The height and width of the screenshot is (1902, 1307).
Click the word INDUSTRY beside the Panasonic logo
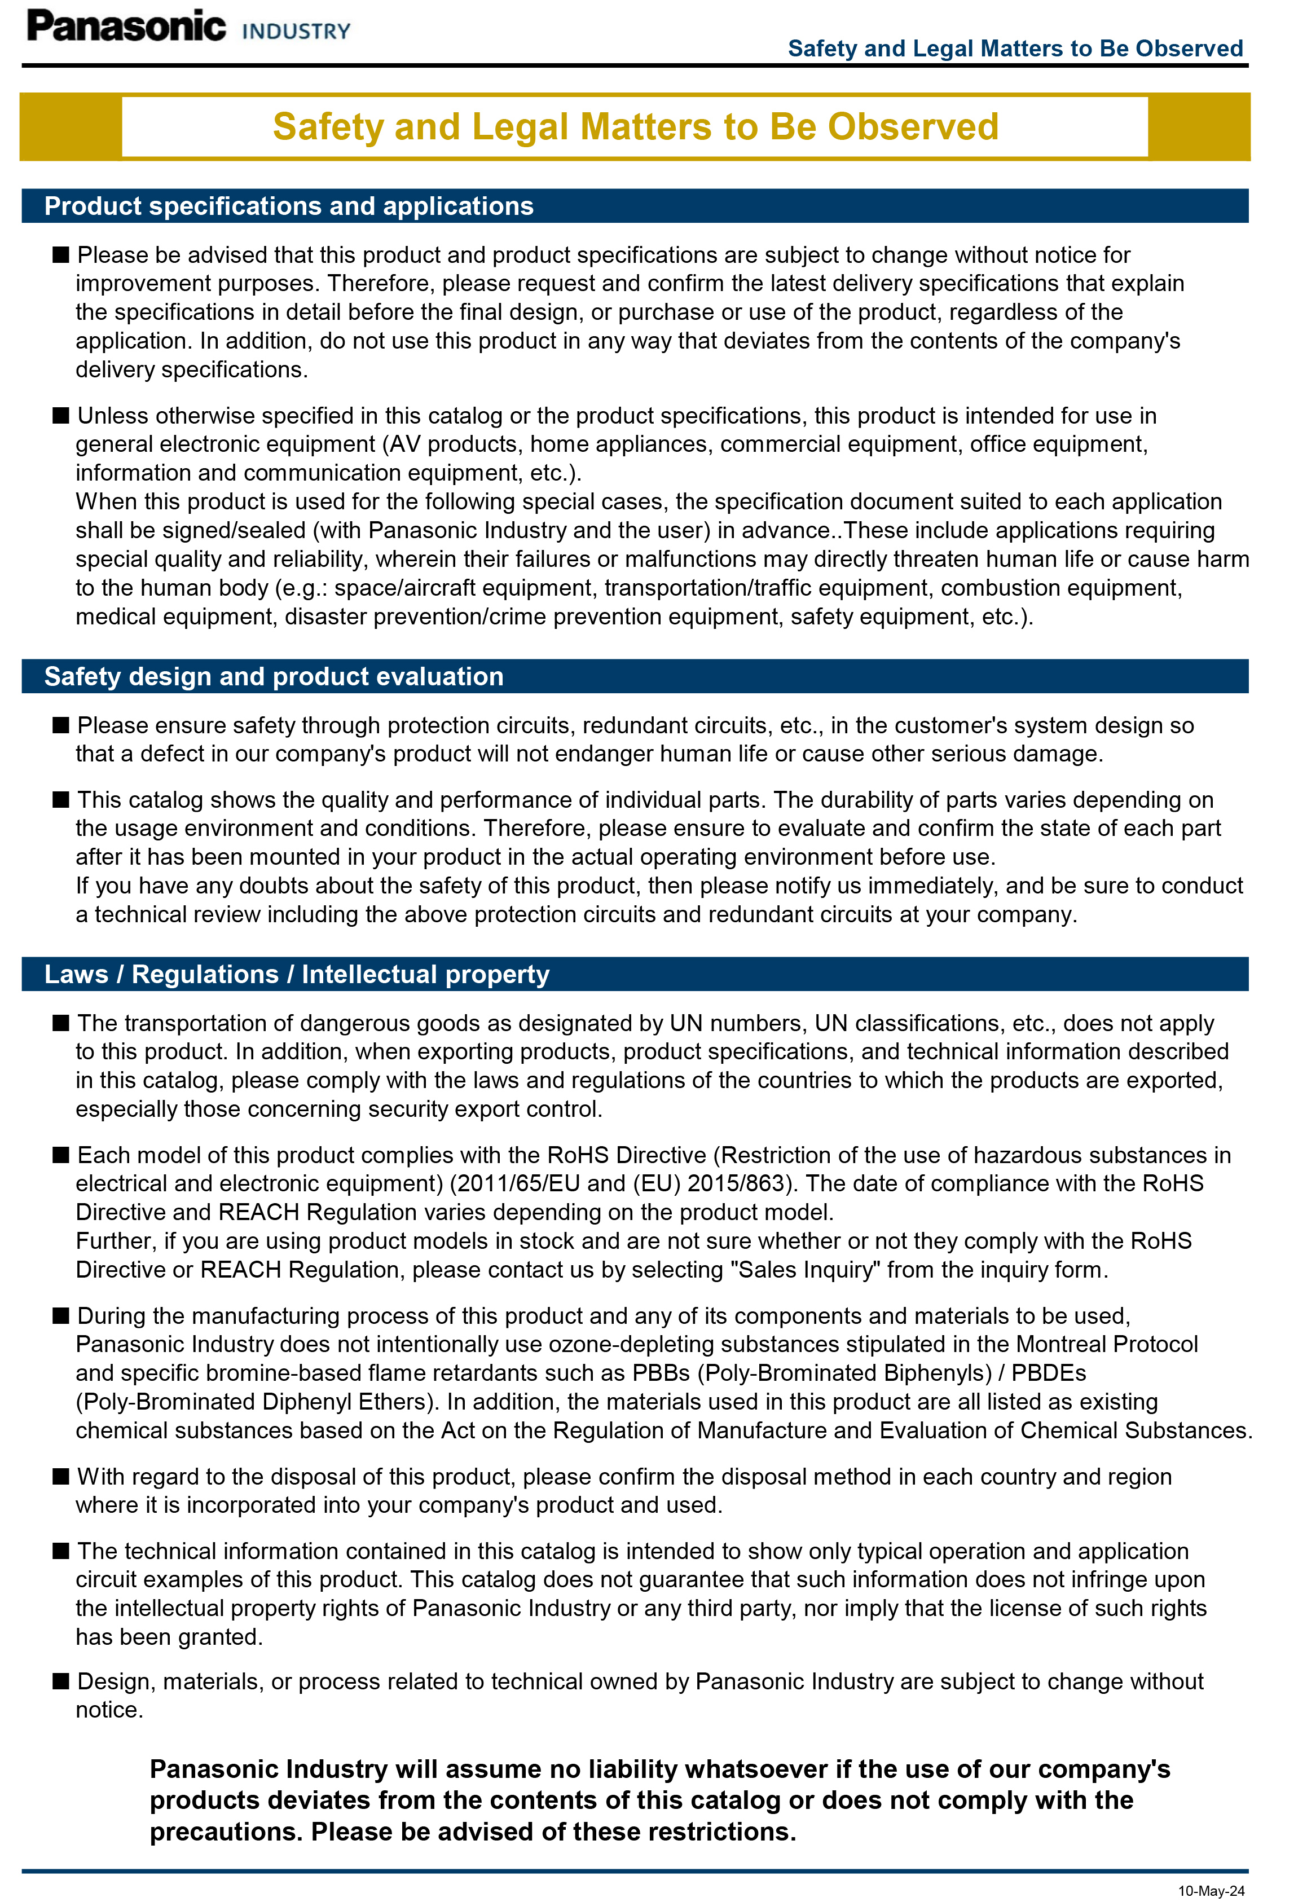click(x=297, y=32)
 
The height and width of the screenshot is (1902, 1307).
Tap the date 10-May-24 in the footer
click(x=1211, y=1890)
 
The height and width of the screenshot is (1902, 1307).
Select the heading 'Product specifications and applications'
click(x=288, y=206)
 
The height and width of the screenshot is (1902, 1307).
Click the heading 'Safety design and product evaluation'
click(x=274, y=676)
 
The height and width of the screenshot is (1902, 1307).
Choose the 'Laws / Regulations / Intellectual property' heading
click(x=297, y=974)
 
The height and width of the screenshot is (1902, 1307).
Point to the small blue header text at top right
click(x=1015, y=49)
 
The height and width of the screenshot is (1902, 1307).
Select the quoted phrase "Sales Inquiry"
click(x=805, y=1269)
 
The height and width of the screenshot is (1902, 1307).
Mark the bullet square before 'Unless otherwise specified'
click(x=60, y=415)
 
